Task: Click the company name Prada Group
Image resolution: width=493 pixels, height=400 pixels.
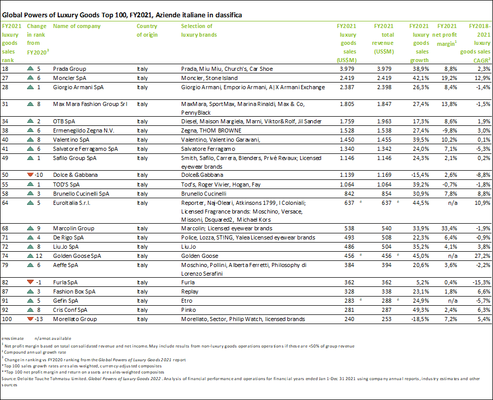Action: (x=69, y=69)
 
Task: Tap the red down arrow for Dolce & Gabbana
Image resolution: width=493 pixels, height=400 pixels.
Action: (x=30, y=175)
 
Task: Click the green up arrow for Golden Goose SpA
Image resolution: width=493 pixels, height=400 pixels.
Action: (x=30, y=256)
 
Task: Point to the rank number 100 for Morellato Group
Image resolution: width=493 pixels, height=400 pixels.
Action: (x=8, y=319)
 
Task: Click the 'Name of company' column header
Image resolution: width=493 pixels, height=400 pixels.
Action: (x=77, y=26)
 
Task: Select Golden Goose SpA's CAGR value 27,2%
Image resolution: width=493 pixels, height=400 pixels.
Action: (x=482, y=256)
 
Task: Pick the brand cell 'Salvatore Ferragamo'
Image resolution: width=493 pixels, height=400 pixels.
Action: (x=207, y=149)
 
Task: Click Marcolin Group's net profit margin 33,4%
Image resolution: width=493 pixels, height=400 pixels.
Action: (x=449, y=229)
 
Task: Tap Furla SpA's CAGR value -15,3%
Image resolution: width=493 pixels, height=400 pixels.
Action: (x=481, y=282)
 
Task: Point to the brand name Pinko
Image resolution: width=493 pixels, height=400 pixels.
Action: (x=189, y=310)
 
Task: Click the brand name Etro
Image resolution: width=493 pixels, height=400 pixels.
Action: (x=187, y=301)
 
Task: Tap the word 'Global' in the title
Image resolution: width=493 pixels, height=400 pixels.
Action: (x=13, y=15)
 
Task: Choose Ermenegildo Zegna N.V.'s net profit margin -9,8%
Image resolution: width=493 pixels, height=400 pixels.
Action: (x=449, y=131)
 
